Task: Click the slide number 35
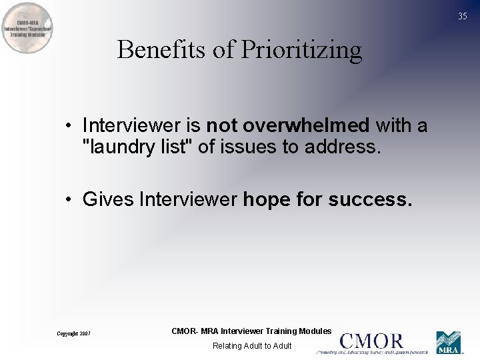pyautogui.click(x=463, y=17)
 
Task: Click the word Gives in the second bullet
pyautogui.click(x=108, y=199)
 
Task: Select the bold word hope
pyautogui.click(x=266, y=200)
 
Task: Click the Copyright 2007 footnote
pyautogui.click(x=73, y=333)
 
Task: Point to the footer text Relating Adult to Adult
pyautogui.click(x=252, y=346)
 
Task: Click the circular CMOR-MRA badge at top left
pyautogui.click(x=27, y=28)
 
